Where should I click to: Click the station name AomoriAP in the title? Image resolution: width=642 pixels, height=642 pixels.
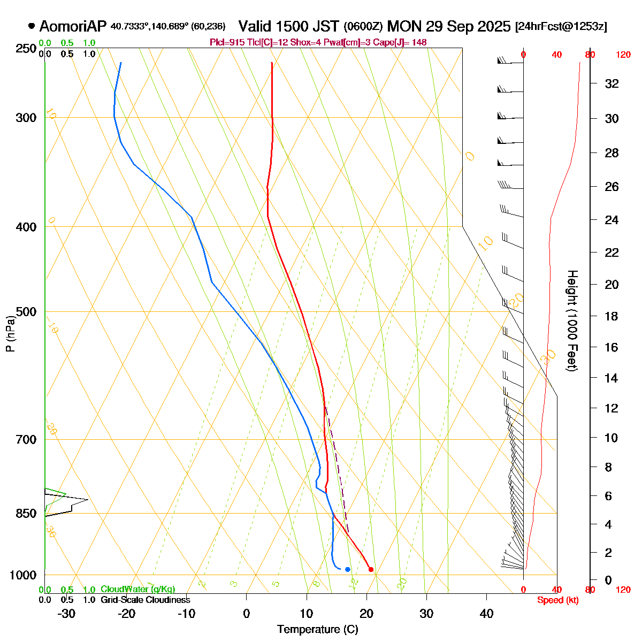click(73, 26)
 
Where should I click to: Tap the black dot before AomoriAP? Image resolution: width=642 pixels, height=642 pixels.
click(32, 26)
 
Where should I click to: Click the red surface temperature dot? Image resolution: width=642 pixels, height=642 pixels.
click(371, 569)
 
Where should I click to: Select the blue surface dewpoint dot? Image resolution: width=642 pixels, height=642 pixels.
click(348, 569)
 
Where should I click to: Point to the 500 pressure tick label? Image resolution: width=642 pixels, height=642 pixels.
click(26, 311)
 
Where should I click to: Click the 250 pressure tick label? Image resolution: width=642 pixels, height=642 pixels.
click(26, 49)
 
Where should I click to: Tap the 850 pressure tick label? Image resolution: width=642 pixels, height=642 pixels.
click(26, 514)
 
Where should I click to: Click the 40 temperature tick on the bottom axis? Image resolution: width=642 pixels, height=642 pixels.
click(486, 614)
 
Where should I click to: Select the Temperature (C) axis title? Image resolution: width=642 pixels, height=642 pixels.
click(318, 630)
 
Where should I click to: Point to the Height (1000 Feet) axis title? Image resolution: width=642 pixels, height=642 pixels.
click(572, 320)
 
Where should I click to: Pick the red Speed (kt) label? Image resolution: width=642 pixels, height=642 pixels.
click(557, 600)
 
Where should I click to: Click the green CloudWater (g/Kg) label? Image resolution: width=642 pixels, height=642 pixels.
click(137, 589)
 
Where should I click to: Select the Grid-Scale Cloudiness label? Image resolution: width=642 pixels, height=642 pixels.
click(145, 600)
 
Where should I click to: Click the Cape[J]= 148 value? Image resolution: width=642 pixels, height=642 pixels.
click(404, 42)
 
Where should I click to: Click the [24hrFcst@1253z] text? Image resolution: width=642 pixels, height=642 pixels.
click(561, 27)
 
